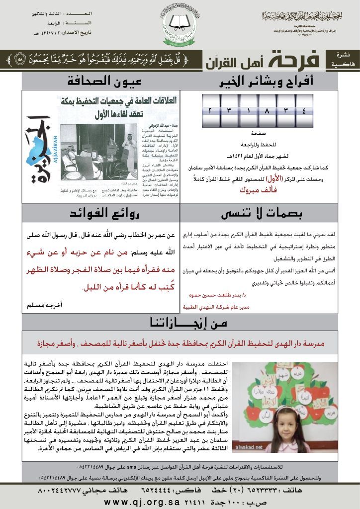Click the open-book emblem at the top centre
coord(180,21)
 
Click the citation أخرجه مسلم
coord(43,304)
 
